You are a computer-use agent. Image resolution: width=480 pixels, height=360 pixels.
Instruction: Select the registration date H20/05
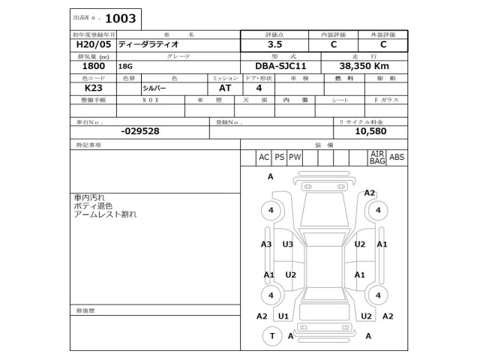coord(85,45)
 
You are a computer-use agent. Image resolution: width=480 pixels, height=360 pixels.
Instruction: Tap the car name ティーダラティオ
coord(149,45)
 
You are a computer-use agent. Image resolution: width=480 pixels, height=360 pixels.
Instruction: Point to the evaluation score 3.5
coord(276,45)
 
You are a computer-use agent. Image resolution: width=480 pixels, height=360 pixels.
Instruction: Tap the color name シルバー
coord(156,88)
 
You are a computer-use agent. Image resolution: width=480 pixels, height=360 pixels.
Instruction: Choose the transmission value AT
coord(225,88)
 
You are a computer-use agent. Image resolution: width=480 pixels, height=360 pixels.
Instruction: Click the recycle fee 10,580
coord(370,131)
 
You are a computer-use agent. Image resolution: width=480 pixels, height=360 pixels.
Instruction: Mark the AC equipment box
coord(264,157)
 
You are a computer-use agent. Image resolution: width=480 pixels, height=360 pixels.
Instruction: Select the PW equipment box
coord(295,157)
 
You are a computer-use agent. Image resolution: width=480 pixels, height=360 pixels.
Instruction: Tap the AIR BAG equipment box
coord(376,157)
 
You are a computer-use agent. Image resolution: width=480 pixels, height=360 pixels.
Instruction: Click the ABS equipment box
coord(397,157)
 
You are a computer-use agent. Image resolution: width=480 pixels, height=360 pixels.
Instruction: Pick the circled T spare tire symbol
coord(271,337)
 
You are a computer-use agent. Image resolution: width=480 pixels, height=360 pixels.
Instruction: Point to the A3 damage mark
coord(266,244)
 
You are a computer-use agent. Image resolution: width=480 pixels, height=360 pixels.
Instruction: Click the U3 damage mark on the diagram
coord(288,244)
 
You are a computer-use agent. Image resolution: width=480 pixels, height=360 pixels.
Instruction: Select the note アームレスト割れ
coord(106,214)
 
